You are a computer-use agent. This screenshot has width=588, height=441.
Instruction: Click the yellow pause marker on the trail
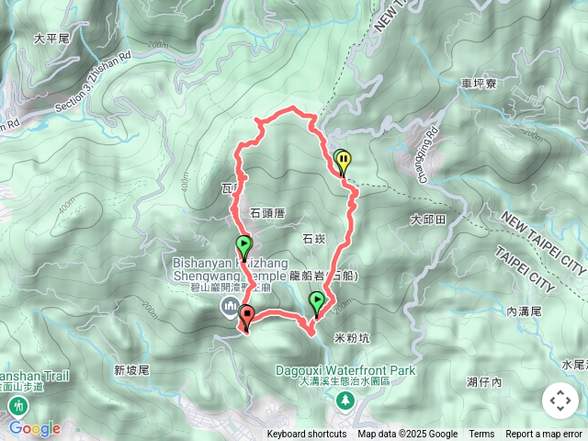[344, 162]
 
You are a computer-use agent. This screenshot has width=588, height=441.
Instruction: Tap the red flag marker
[246, 317]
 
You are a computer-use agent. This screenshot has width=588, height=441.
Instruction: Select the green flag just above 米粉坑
[317, 300]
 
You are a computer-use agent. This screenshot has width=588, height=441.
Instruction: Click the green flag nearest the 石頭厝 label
[243, 245]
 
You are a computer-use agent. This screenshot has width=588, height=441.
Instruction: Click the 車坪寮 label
[478, 84]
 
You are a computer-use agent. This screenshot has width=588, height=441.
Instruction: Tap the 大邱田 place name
[427, 220]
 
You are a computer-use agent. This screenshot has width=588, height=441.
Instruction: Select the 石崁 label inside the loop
[313, 239]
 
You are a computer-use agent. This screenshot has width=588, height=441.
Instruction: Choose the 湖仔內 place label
[483, 381]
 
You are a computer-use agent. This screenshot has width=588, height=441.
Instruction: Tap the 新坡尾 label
[131, 369]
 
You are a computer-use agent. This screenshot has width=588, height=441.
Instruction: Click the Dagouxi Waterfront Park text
[345, 371]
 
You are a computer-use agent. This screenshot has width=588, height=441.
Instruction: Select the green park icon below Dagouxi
[345, 400]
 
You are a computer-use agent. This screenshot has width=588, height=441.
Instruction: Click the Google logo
[35, 428]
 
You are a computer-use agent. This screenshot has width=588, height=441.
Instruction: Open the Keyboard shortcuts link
[307, 435]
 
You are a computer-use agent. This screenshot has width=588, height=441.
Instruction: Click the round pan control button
[560, 401]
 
